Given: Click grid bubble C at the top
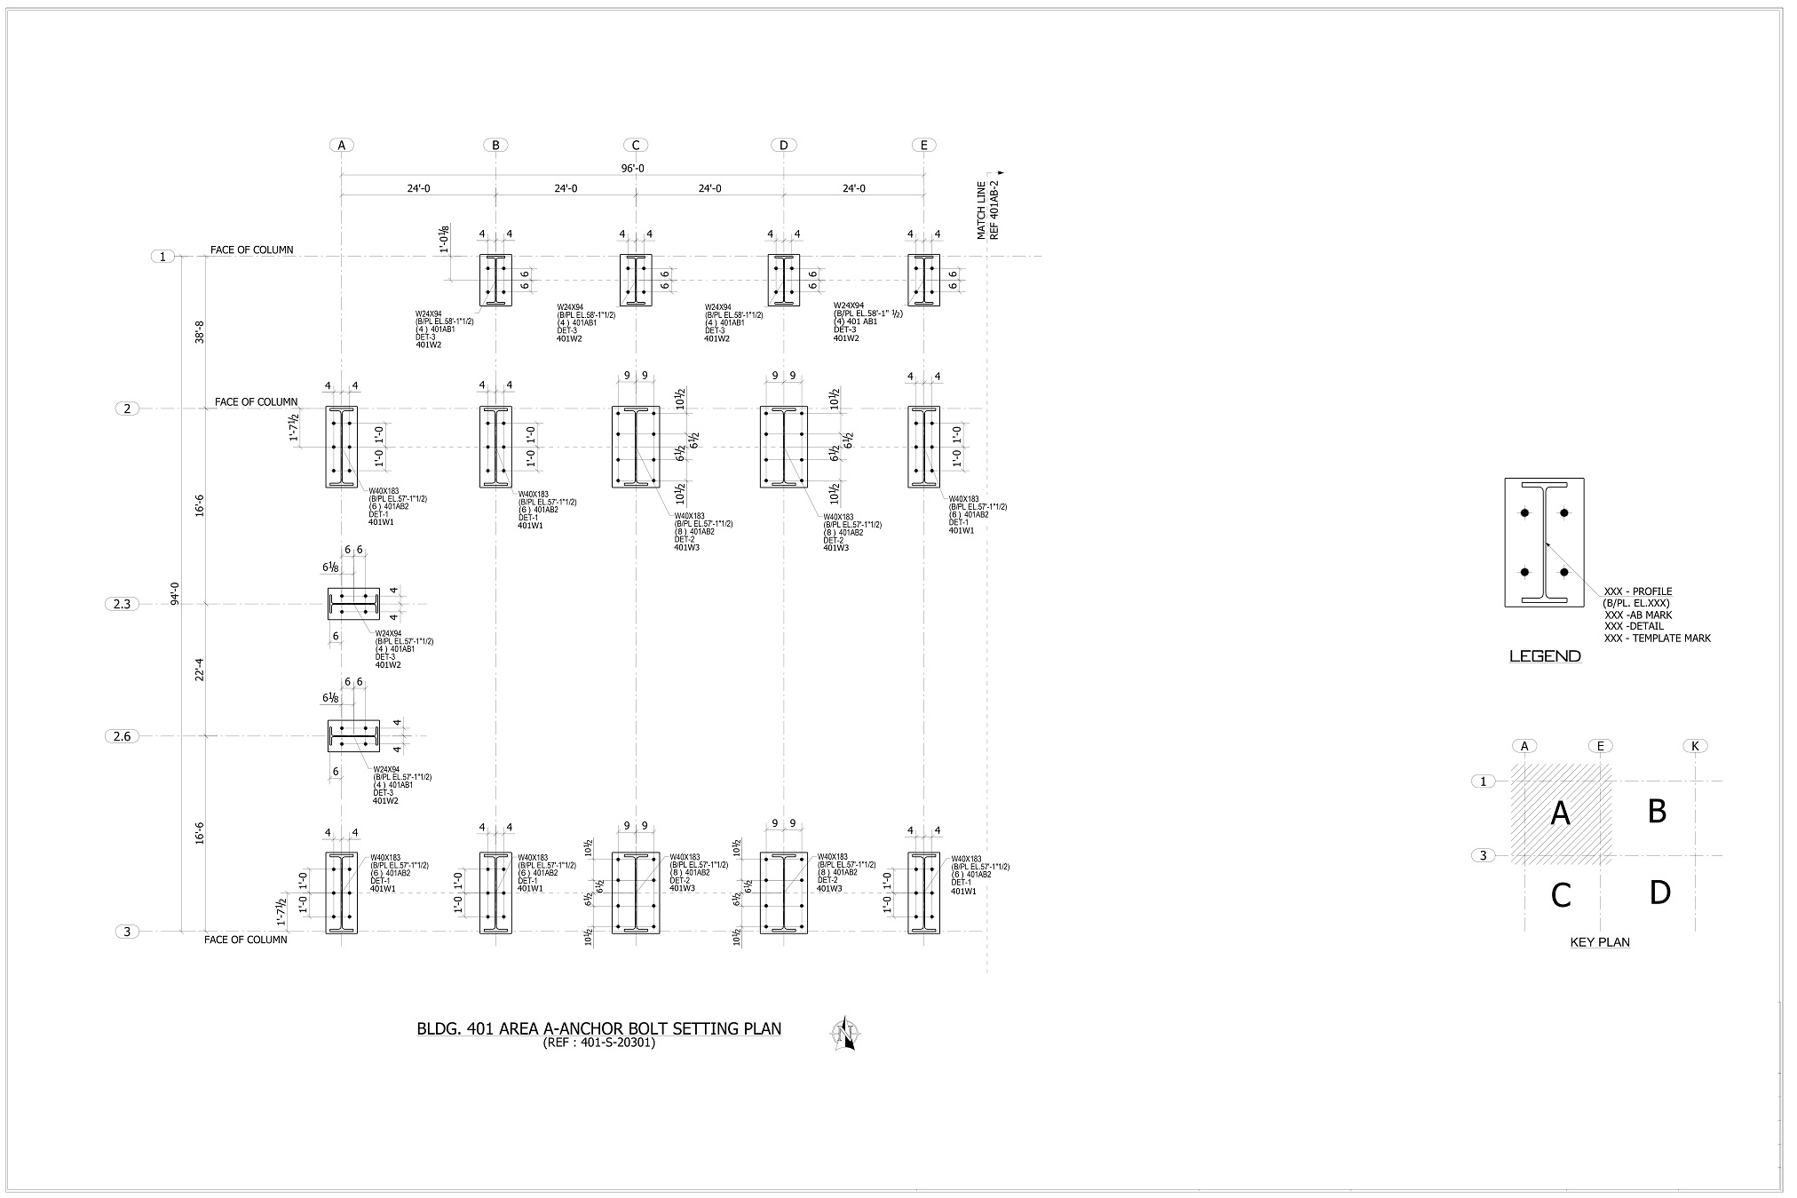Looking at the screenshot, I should (x=636, y=146).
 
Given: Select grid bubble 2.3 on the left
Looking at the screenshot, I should (x=122, y=605).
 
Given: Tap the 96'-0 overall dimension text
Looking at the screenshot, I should (x=632, y=169).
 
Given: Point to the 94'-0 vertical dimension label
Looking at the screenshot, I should (x=175, y=593).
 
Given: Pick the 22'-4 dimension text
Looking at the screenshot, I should (x=200, y=670).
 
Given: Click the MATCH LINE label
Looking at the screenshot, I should (x=981, y=210).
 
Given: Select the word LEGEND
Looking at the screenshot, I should (x=1545, y=656).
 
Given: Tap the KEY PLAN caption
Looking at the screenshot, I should (x=1600, y=942).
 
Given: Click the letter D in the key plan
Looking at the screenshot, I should (x=1659, y=893).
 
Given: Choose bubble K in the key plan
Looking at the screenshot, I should (x=1695, y=746).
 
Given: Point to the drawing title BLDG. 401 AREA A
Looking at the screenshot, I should (x=599, y=1028).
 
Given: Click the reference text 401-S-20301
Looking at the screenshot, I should (x=599, y=1043).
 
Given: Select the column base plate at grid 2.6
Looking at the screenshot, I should (x=353, y=736).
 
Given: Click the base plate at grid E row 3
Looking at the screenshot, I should (x=923, y=893).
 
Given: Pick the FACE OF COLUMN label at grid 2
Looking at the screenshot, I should (x=256, y=402).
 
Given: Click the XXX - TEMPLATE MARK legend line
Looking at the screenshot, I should (x=1657, y=638).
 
